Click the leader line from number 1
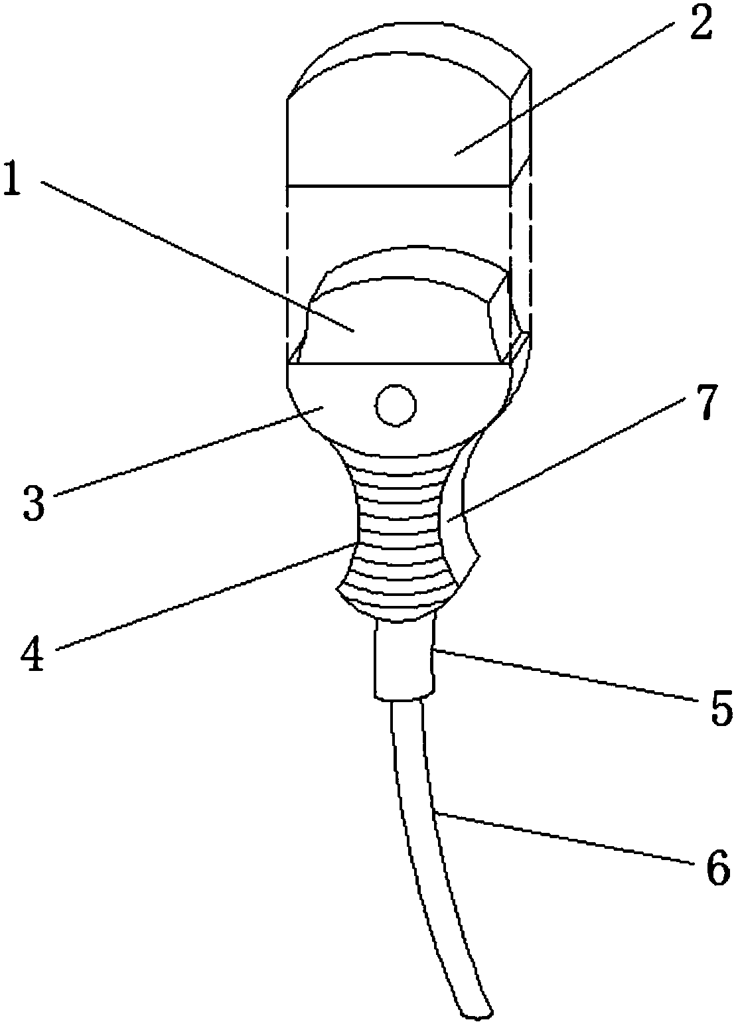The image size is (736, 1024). click(199, 259)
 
